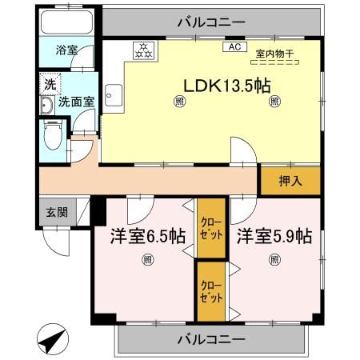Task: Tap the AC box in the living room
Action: [235, 46]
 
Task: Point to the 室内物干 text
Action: [274, 54]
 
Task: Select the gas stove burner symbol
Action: [143, 50]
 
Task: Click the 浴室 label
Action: [66, 50]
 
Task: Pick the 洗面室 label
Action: [76, 102]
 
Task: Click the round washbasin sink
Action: [46, 106]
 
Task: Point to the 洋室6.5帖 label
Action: [148, 236]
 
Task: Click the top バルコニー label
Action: [210, 21]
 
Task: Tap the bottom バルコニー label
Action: [212, 339]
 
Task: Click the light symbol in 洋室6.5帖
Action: [148, 258]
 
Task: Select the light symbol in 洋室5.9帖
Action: [274, 258]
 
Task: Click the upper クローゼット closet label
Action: [212, 229]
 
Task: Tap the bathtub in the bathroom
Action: [66, 22]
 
